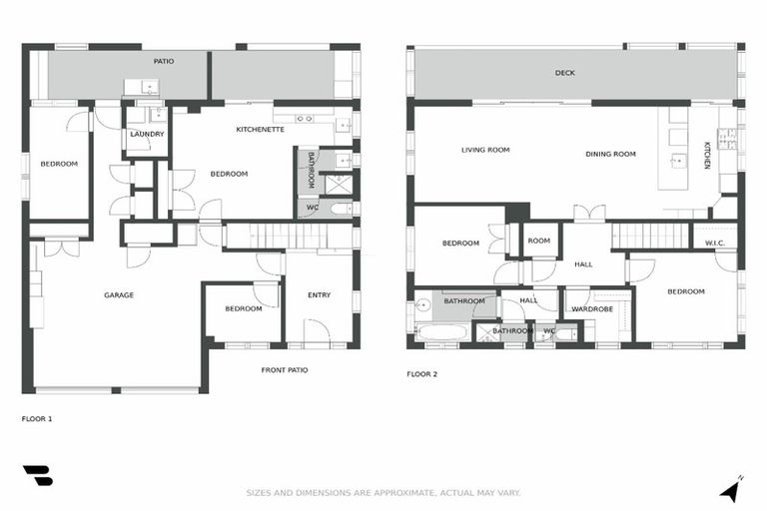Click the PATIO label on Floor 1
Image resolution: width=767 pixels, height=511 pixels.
coord(164,62)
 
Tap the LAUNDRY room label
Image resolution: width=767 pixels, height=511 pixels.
coord(147,134)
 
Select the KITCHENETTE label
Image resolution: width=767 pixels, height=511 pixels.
coord(260,130)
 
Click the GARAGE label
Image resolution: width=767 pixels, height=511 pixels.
coord(119,295)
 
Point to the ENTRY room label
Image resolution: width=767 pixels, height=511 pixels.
coord(319,295)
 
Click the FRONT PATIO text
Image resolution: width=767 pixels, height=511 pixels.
coord(285,370)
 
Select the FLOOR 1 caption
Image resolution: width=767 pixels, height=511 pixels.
coord(37,419)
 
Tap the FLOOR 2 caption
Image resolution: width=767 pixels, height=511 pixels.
coord(421,374)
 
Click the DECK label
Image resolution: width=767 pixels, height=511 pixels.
coord(565,73)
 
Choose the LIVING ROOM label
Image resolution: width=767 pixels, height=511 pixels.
coord(485,151)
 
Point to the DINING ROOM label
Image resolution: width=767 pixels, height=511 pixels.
coord(610,154)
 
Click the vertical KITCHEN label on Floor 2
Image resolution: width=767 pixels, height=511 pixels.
coord(706,155)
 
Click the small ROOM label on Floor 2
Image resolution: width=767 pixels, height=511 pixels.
coord(539,241)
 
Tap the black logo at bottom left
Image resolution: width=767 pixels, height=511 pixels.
coord(37,476)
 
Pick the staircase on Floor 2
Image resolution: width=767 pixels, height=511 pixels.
coord(649,237)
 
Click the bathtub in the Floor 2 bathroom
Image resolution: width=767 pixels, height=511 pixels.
coord(440,330)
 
